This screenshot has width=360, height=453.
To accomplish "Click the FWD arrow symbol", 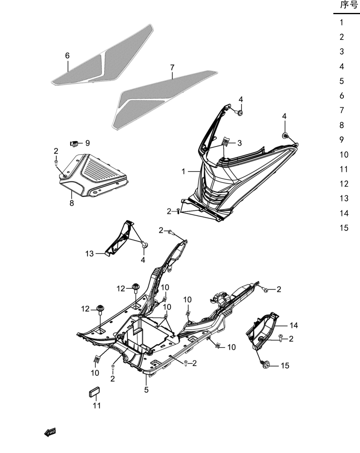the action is [x=50, y=432].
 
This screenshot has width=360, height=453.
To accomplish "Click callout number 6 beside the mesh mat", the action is [x=67, y=55].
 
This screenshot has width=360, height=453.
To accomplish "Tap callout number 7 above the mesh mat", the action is [x=172, y=68].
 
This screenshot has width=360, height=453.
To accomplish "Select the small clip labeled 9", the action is [x=74, y=143].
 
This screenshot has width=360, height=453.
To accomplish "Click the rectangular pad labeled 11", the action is [x=94, y=392].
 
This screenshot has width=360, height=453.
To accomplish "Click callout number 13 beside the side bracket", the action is [x=89, y=254].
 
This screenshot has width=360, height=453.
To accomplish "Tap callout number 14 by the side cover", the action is [x=294, y=325].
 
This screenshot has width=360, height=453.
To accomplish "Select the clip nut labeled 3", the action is [x=226, y=142].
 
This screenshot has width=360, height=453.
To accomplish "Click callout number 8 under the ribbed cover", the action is [x=72, y=203].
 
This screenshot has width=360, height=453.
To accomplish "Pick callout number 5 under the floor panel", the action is [x=146, y=390].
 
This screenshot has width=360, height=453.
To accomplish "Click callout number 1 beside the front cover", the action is [x=183, y=171].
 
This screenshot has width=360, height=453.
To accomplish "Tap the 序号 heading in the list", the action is [x=349, y=5].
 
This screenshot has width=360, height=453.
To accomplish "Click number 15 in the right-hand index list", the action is [x=344, y=228].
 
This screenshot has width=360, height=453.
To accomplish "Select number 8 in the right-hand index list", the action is [x=341, y=125].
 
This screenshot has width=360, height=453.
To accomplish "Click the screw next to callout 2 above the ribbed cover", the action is [x=56, y=162].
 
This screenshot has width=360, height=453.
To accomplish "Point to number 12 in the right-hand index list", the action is [x=344, y=184].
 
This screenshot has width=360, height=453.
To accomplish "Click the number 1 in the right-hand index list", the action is [x=341, y=22].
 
